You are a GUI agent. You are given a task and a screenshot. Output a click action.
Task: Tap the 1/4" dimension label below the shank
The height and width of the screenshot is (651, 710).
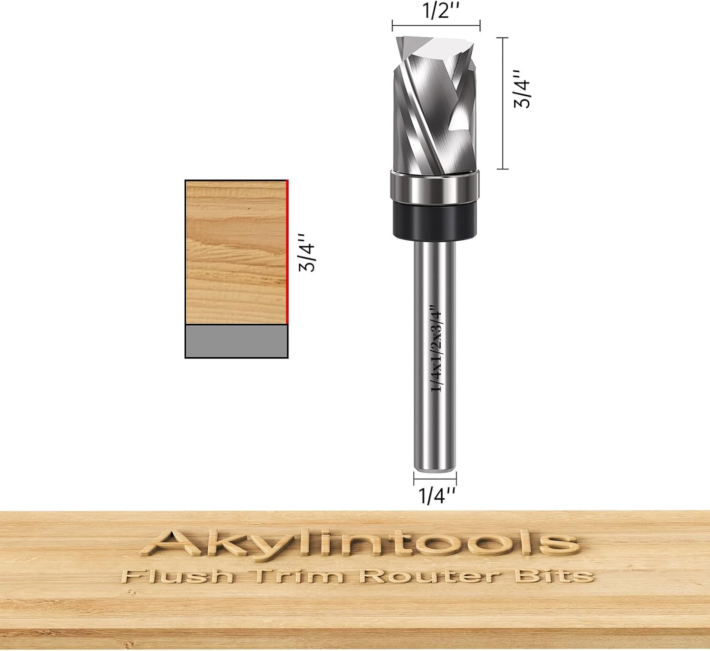coord(436,496)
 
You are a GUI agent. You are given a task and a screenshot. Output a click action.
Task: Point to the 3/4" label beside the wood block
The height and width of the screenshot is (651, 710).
coord(307,253)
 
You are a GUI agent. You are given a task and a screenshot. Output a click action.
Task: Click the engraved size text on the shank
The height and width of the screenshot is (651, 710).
coord(436,348)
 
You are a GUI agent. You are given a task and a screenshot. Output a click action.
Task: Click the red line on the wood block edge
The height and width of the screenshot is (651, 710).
coord(287,252)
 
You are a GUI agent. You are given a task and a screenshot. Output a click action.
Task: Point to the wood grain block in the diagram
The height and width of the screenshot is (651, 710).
coord(236,252)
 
